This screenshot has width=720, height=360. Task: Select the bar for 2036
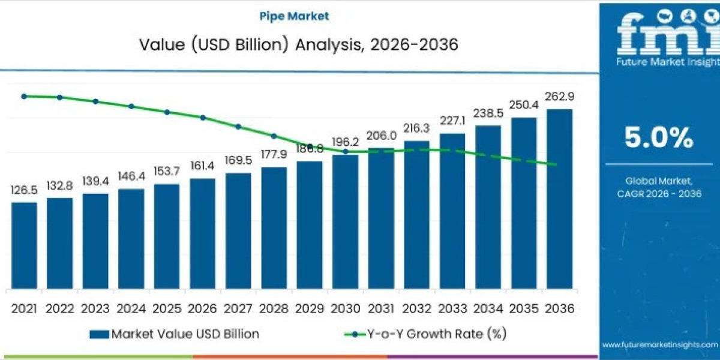559,198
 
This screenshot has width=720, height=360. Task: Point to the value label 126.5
24,190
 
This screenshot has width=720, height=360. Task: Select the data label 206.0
381,136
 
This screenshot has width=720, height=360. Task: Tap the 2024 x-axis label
131,308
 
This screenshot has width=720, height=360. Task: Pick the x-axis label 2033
452,308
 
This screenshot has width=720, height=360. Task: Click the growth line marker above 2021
24,96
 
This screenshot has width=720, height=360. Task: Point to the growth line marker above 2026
203,118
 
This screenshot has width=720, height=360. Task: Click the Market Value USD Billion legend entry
175,334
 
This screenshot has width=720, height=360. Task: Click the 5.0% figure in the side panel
659,139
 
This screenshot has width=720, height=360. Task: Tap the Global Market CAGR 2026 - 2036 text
659,187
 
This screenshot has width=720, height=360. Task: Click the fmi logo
659,36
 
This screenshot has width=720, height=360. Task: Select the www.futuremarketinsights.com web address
659,344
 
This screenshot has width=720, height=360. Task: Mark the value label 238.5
488,113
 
